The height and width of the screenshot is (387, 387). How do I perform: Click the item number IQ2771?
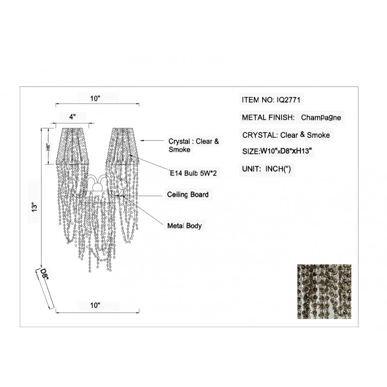288,100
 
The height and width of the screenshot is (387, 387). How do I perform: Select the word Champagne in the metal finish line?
321,118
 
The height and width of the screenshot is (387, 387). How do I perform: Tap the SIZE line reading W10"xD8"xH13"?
278,151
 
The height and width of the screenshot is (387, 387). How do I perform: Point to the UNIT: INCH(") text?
267,169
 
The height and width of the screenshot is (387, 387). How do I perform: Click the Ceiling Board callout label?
188,194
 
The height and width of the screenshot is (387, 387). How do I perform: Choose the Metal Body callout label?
184,226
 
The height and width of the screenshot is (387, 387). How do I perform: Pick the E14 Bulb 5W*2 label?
193,173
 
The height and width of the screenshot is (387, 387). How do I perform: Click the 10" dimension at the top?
95,99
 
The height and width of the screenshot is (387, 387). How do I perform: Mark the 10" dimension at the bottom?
95,306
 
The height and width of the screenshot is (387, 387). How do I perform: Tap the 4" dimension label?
72,117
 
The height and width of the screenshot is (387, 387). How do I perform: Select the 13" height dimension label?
34,207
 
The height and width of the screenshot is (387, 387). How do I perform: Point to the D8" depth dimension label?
45,274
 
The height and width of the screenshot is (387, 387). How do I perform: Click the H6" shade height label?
49,147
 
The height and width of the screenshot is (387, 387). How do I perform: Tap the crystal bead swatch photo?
324,292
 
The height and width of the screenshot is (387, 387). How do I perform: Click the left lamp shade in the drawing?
72,146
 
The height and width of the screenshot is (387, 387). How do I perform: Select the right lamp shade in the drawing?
123,146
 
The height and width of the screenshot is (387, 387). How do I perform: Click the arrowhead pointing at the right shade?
142,141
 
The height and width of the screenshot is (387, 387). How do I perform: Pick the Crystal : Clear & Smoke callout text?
194,146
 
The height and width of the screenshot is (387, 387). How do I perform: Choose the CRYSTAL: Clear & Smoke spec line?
286,135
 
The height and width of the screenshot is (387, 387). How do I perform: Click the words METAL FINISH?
268,118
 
